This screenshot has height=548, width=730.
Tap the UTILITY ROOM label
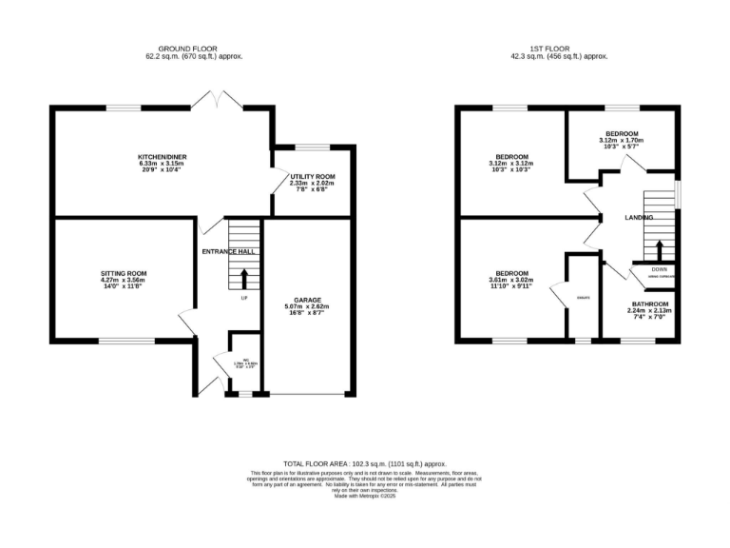pos(312,177)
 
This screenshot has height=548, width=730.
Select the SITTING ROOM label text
pos(124,273)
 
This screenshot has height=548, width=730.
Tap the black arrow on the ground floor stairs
pos(243,279)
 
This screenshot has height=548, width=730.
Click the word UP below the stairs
pos(243,298)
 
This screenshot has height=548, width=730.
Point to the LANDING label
pos(639,218)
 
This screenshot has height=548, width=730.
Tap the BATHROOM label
pos(649,304)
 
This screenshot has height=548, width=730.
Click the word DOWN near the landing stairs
pos(659,269)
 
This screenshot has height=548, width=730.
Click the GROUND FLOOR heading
pos(201,49)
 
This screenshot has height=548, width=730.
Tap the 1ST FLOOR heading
pos(568,49)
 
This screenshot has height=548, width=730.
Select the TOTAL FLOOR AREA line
pos(364,463)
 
